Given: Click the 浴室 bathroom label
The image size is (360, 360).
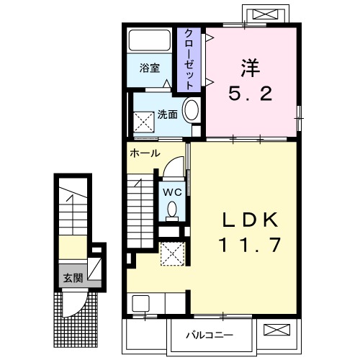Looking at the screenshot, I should [149, 70].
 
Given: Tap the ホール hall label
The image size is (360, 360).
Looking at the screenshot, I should [145, 153].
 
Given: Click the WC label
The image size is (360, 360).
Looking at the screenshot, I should [171, 192].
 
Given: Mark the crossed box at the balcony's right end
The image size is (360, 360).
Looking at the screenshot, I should [276, 330].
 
